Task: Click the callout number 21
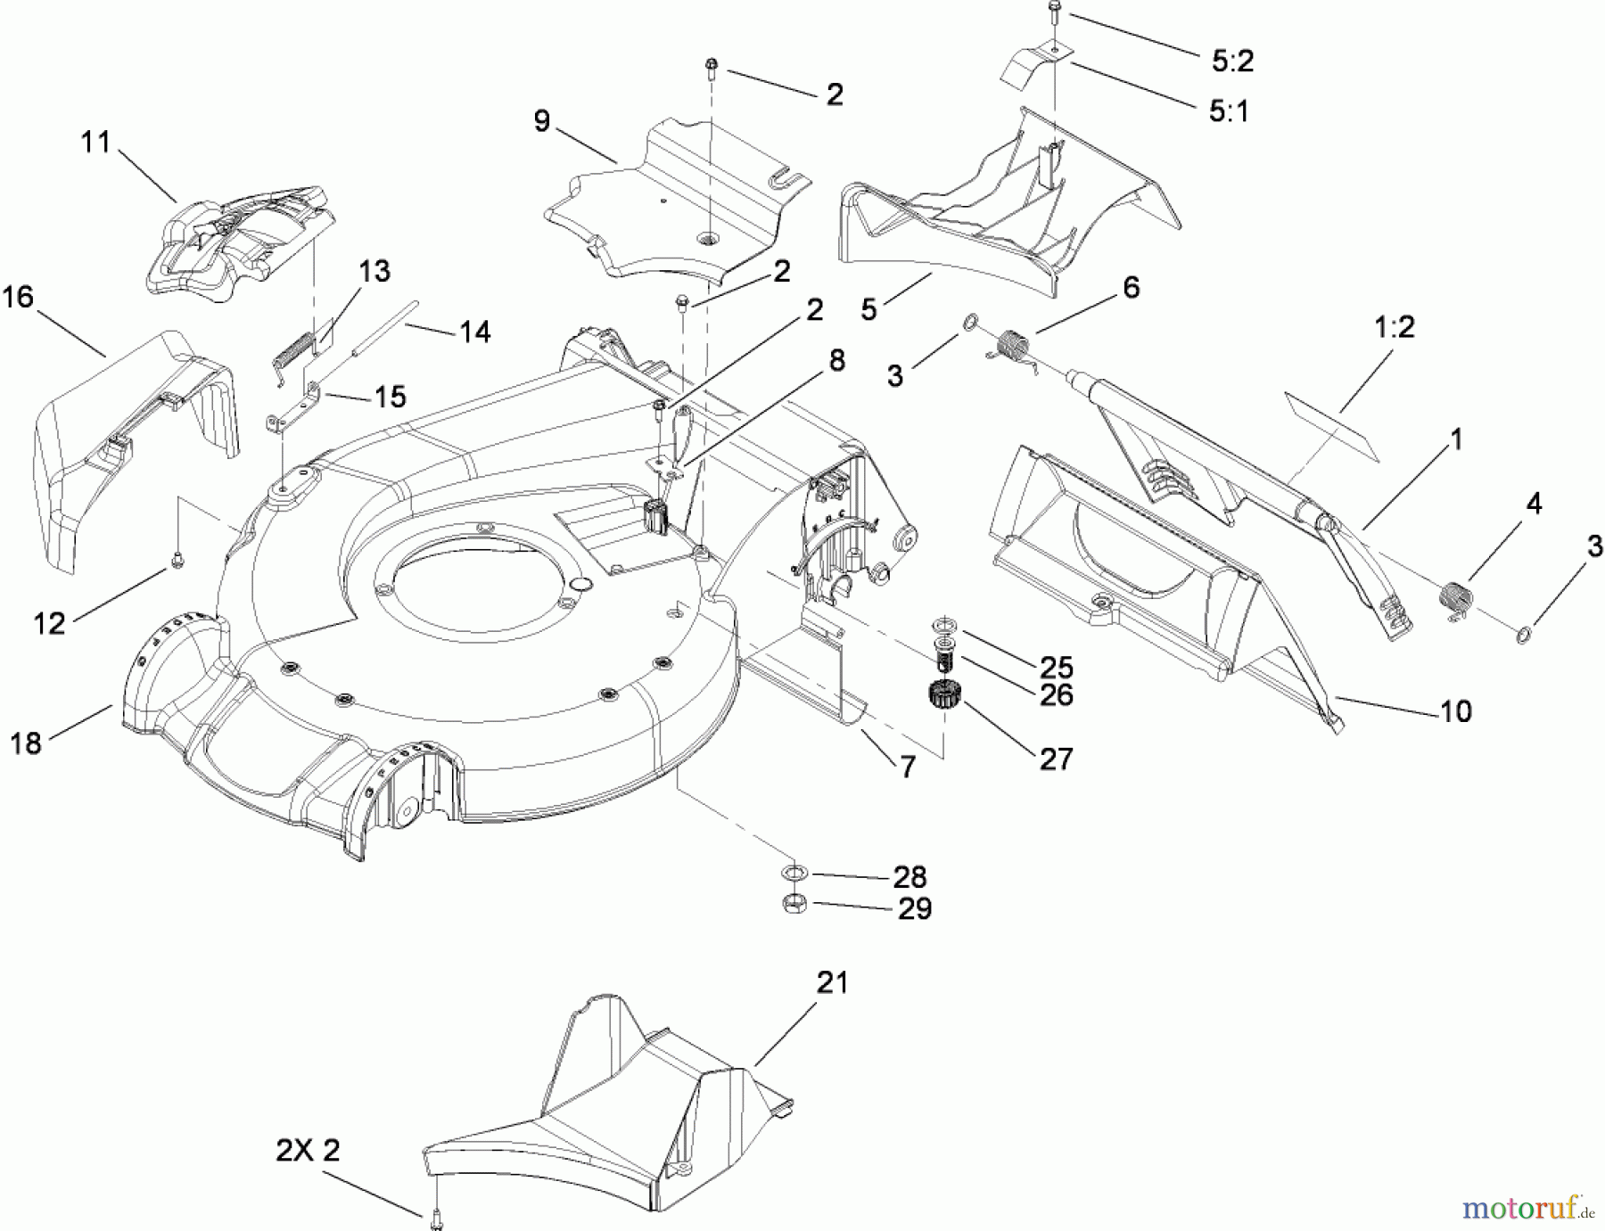833,983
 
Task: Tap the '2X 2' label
308,1151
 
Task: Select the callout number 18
26,743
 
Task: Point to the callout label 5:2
1232,61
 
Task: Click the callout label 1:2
1395,327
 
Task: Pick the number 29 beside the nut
914,908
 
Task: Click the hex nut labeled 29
794,903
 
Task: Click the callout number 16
18,298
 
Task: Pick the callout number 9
542,121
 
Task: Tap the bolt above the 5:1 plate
1054,12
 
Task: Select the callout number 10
1455,711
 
